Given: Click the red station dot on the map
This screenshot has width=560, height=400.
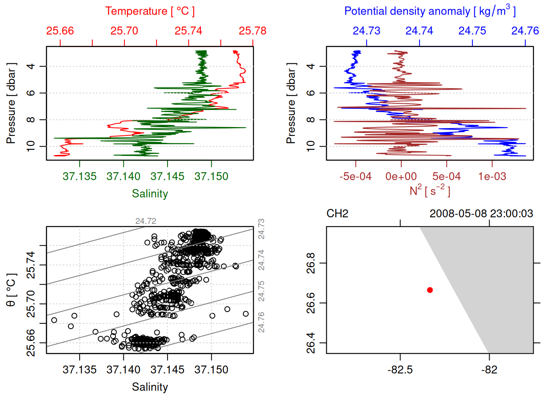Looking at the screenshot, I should (430, 290).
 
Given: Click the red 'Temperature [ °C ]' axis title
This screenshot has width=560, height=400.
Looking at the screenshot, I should (150, 11).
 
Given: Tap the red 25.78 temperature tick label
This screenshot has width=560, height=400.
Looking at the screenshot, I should (252, 31).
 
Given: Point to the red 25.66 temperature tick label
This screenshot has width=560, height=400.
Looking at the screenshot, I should (60, 31).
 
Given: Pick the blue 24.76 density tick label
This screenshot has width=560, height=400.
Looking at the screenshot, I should (525, 31).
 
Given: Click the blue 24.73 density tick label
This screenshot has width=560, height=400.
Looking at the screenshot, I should (367, 31).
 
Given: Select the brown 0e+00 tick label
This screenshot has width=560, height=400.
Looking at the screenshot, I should (401, 177).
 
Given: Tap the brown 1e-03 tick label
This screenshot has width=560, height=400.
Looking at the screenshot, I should (492, 177).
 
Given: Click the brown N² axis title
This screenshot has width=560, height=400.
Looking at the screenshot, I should (430, 191).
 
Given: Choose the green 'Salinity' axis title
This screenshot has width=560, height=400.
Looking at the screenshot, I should (150, 194).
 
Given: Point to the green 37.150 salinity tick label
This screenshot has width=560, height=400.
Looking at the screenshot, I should (211, 177).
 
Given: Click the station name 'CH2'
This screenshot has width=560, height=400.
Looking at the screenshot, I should (337, 214).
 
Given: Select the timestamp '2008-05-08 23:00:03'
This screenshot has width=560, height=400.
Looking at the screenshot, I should (481, 214).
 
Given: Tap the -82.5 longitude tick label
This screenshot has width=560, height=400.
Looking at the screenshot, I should (400, 370).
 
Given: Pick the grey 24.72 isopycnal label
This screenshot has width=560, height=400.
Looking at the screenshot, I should (146, 221).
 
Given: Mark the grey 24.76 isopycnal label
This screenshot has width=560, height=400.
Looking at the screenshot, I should (261, 322).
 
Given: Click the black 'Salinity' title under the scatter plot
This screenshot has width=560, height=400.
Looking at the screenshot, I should (150, 387).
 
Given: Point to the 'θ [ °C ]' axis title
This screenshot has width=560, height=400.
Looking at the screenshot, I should (11, 290).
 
